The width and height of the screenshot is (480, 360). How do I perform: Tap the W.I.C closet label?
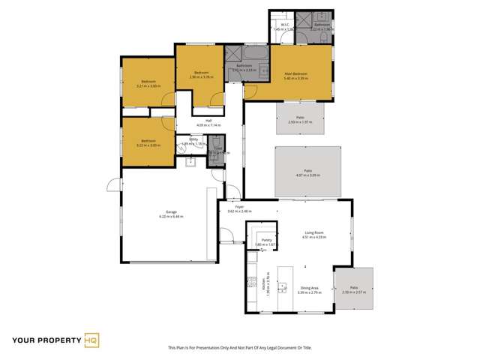coord(284,25)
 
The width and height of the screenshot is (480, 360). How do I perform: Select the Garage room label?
coord(160,212)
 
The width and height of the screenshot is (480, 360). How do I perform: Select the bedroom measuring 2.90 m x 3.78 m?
coord(200,74)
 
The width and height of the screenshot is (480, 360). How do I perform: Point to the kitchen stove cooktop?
coord(251,285)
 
